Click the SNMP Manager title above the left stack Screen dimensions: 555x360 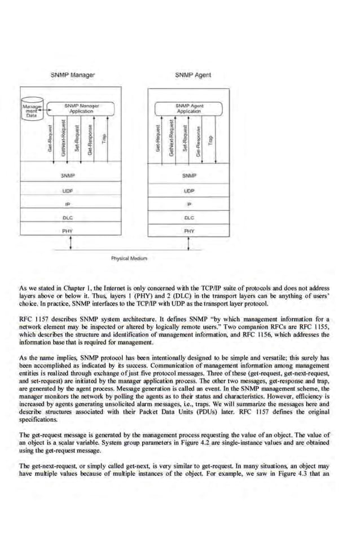[73, 74]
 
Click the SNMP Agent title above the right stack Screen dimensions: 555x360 [192, 74]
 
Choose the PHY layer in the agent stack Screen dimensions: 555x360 [189, 231]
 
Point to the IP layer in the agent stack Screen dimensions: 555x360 [189, 204]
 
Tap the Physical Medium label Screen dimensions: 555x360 [129, 258]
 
